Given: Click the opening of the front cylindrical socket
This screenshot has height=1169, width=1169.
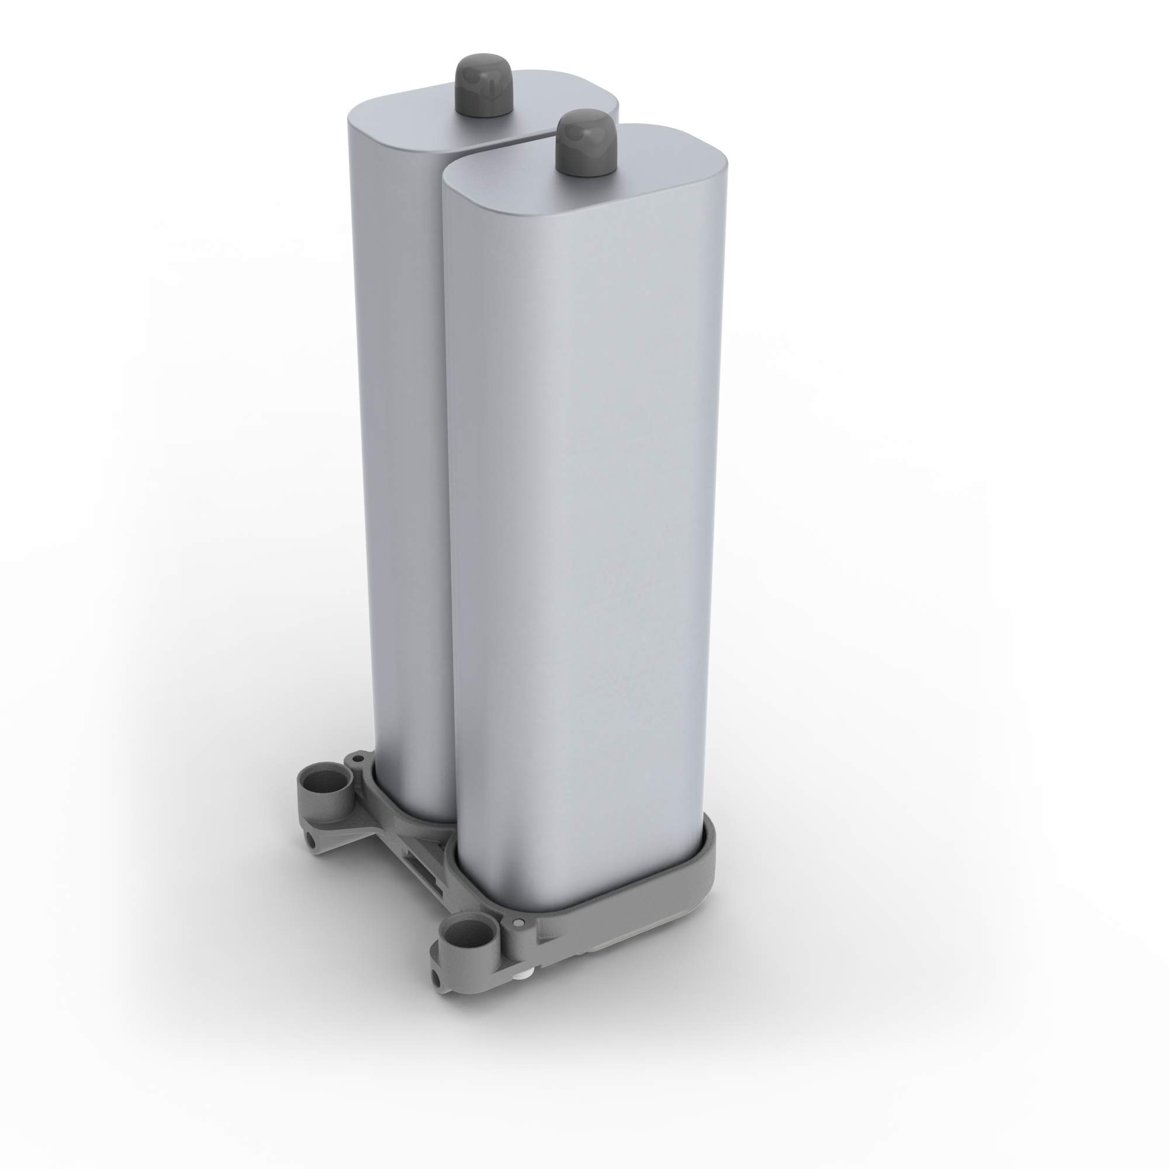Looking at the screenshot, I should pos(470,933).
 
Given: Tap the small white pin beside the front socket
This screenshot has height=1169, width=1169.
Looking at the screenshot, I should pos(519,923).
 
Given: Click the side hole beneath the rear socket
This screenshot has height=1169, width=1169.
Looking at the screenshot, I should pos(311,840).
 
